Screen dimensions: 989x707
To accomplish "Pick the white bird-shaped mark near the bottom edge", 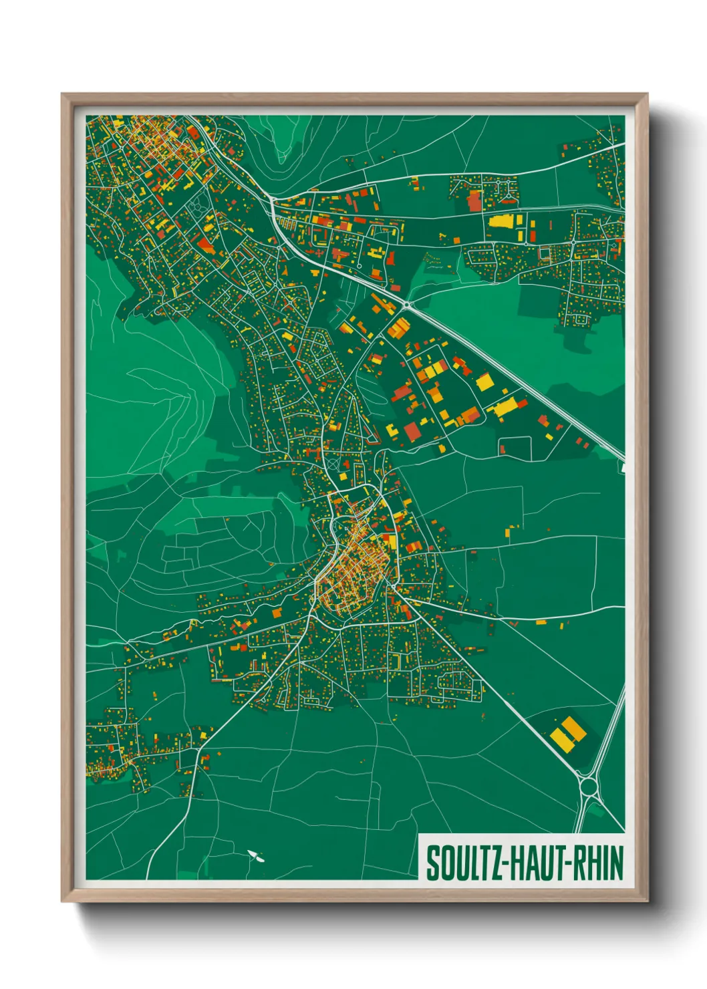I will (255, 855).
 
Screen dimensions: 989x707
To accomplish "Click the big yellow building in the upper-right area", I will (501, 222).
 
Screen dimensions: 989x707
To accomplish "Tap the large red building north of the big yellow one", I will (474, 200).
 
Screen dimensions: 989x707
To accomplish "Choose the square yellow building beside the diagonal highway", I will (484, 382).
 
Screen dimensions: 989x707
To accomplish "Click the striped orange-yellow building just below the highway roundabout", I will (399, 327).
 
